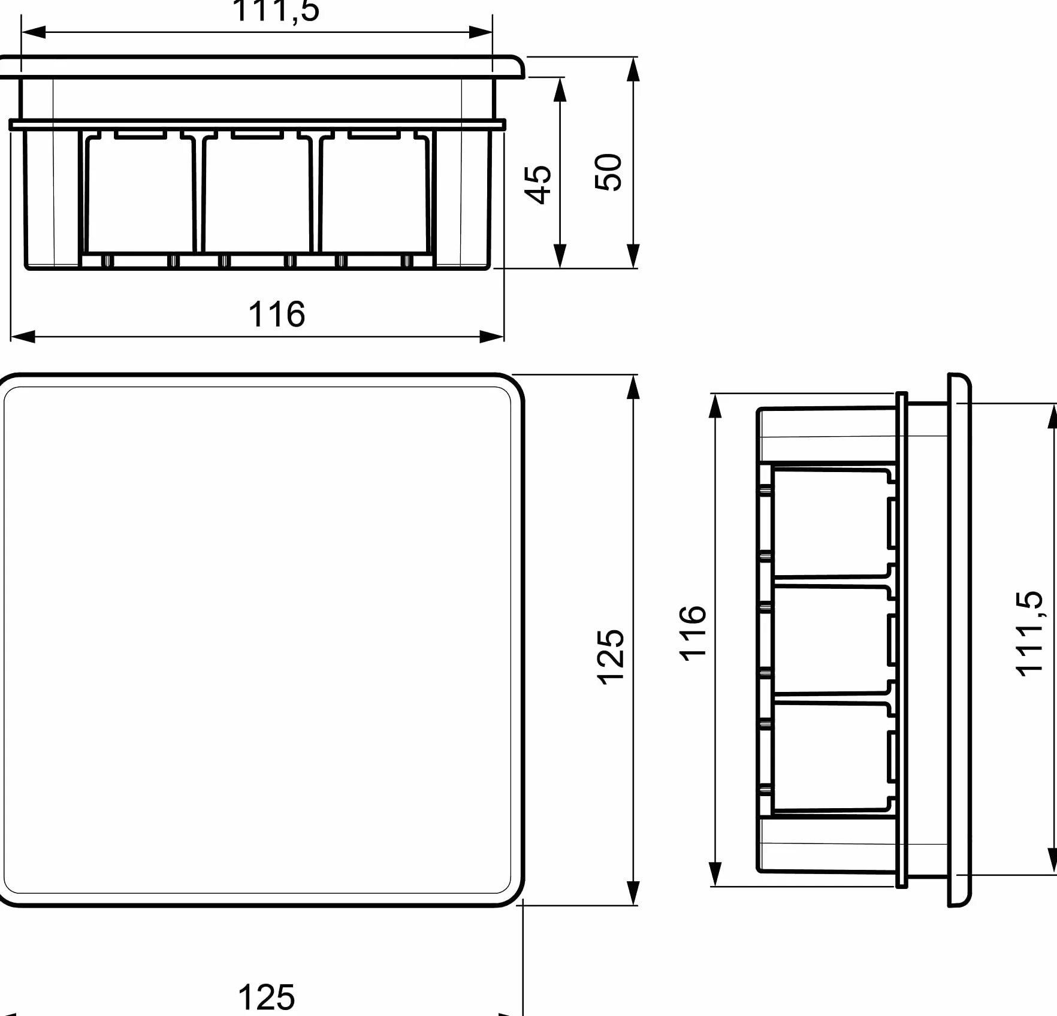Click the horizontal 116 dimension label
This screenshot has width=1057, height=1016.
point(276,315)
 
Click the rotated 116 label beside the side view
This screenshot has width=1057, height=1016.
point(693,633)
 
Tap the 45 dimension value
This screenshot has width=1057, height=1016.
point(537,185)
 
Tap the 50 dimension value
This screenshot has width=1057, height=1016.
point(608,172)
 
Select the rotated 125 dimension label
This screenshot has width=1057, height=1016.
point(611,657)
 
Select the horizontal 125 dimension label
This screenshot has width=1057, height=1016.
point(267,997)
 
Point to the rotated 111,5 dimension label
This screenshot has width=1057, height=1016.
point(1029,634)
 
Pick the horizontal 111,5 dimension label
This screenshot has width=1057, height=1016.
point(276,10)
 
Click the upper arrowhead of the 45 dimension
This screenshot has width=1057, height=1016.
point(560,89)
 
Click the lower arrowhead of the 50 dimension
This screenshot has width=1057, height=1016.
point(633,256)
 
